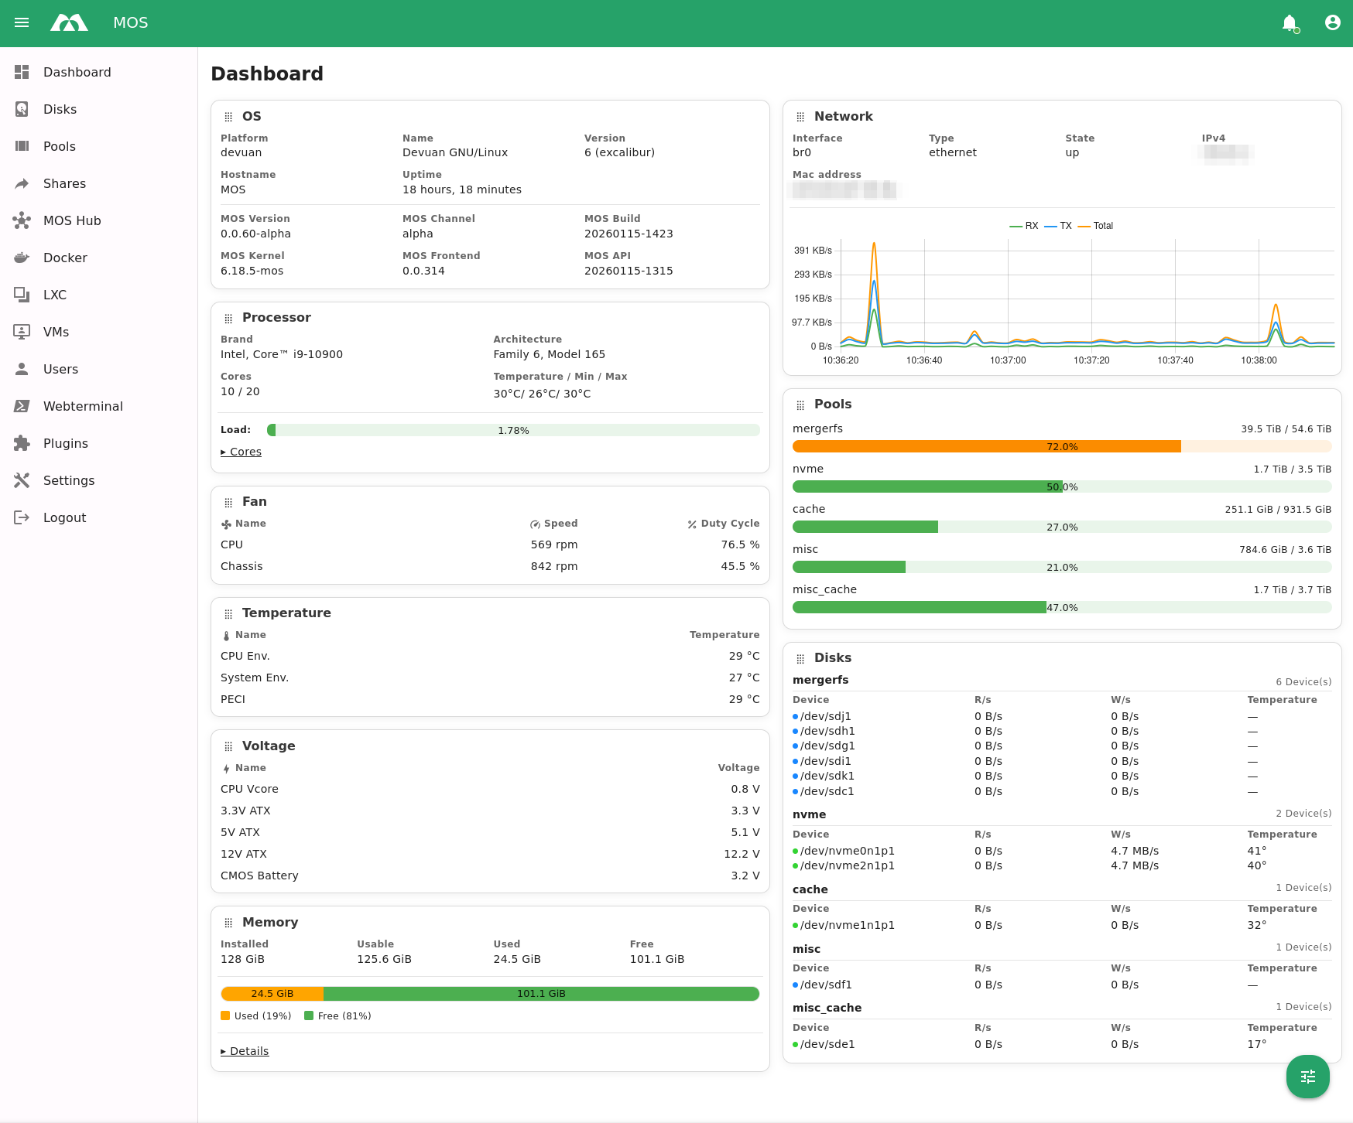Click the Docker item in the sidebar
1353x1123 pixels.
(x=65, y=258)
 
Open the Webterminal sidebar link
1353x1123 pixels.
(x=83, y=406)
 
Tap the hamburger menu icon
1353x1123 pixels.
(x=22, y=22)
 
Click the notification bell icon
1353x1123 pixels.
(x=1289, y=23)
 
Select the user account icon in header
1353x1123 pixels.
(x=1332, y=22)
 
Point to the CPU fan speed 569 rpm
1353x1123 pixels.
(x=553, y=544)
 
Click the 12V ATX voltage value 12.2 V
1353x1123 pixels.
(x=741, y=854)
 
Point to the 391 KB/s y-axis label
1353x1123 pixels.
(x=812, y=251)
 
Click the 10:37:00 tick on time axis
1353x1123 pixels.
(x=1008, y=360)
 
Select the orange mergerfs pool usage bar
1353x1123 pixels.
(x=986, y=446)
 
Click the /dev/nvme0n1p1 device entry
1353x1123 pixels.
(x=847, y=851)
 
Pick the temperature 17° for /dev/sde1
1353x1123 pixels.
(x=1256, y=1044)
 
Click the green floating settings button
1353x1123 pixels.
(x=1307, y=1076)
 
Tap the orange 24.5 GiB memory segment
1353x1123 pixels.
(x=272, y=994)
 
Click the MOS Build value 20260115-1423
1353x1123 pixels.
(x=628, y=234)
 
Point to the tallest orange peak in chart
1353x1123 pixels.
(x=874, y=244)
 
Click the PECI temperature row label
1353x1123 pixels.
(x=233, y=699)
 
